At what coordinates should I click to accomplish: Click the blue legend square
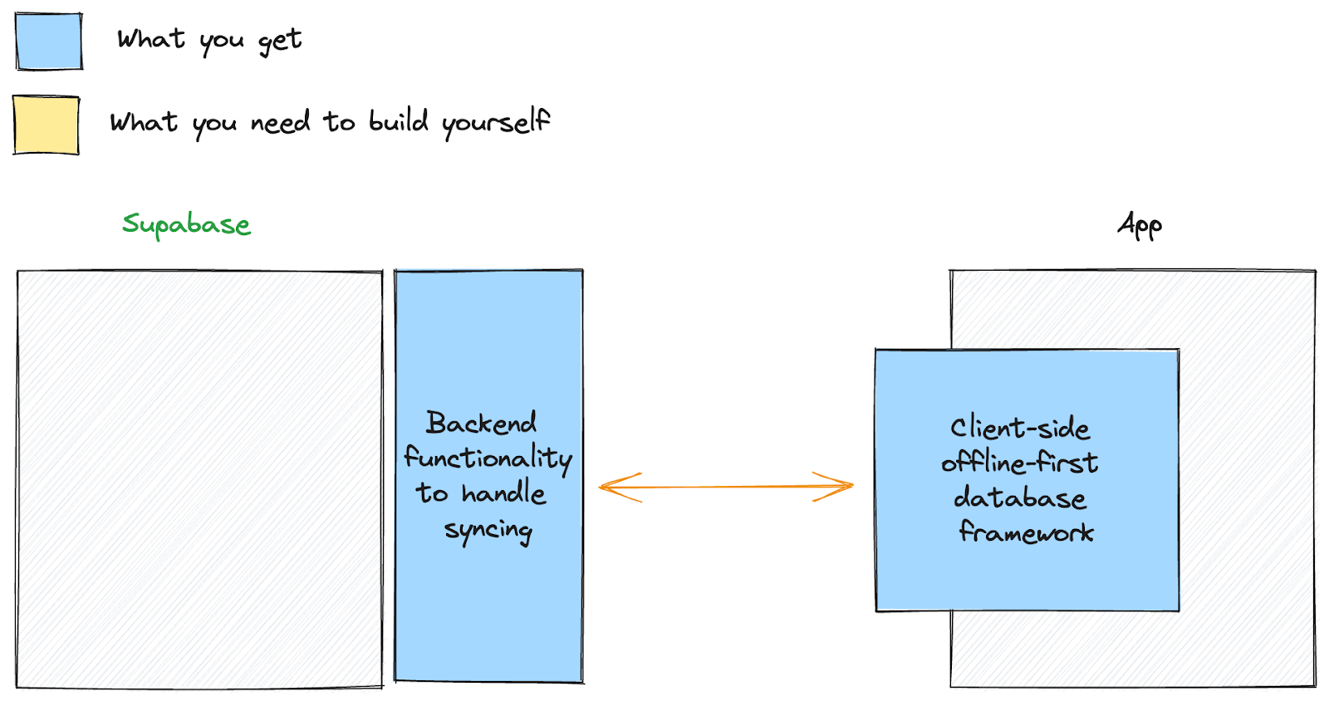pyautogui.click(x=49, y=42)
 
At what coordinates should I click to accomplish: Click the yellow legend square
pyautogui.click(x=47, y=125)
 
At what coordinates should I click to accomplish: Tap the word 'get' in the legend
pyautogui.click(x=280, y=41)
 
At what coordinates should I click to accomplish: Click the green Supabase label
pyautogui.click(x=186, y=224)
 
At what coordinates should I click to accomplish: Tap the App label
pyautogui.click(x=1140, y=225)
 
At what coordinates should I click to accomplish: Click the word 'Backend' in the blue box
pyautogui.click(x=481, y=423)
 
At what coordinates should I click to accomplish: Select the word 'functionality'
pyautogui.click(x=488, y=458)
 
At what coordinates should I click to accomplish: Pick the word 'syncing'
pyautogui.click(x=488, y=530)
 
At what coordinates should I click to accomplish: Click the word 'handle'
pyautogui.click(x=503, y=493)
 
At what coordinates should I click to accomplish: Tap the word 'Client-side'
pyautogui.click(x=1020, y=428)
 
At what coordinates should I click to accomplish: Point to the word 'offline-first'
pyautogui.click(x=1020, y=463)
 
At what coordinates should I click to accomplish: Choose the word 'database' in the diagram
pyautogui.click(x=1020, y=498)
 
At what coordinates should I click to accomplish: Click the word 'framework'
pyautogui.click(x=1026, y=532)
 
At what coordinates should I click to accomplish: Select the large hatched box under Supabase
pyautogui.click(x=199, y=478)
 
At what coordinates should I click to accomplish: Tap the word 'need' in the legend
pyautogui.click(x=280, y=123)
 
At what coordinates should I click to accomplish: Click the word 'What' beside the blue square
pyautogui.click(x=151, y=39)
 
